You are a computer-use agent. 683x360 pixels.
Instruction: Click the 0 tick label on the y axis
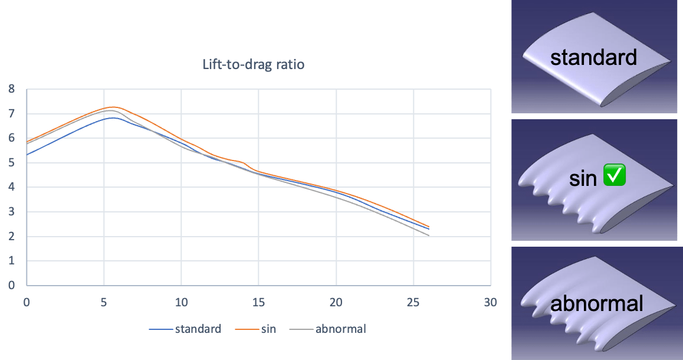coord(12,286)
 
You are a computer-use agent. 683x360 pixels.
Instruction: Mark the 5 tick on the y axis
coord(12,163)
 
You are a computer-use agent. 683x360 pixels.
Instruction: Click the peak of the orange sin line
coord(113,107)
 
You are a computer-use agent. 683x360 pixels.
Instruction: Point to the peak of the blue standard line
coord(115,117)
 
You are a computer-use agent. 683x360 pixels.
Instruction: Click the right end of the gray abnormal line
coord(429,235)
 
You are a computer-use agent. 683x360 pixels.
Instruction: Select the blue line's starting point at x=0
coord(27,155)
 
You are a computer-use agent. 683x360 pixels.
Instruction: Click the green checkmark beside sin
coord(614,177)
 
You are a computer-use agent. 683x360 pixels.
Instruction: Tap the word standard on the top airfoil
coord(593,57)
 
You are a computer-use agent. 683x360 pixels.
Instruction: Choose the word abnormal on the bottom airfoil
coord(596,303)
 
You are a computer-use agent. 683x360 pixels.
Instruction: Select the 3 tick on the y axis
coord(12,212)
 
